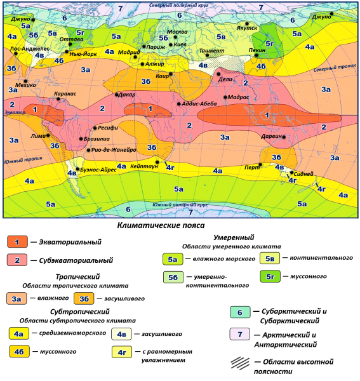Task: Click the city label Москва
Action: pos(177,32)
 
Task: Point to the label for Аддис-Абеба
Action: pos(201,104)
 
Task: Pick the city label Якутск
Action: pos(247,28)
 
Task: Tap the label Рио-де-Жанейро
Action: pos(114,150)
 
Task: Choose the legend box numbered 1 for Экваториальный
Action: pos(17,242)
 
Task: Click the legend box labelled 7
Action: pos(239,335)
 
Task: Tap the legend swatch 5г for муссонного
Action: pos(270,277)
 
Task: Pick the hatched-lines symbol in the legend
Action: pos(239,362)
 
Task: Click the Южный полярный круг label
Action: pos(180,205)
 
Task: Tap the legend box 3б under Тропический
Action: pos(84,298)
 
